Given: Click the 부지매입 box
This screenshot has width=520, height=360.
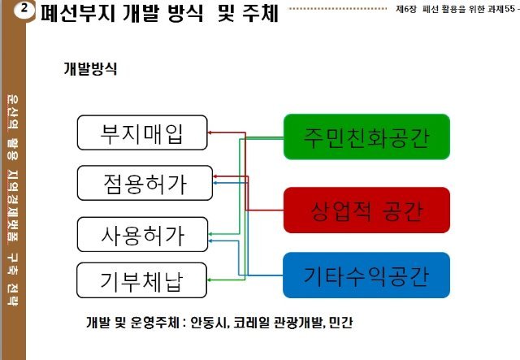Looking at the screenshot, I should click(142, 132).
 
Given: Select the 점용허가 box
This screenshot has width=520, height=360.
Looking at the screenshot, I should click(142, 183).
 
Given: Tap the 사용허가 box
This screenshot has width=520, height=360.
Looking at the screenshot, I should click(142, 234).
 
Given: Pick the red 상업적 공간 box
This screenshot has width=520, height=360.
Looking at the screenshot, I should click(366, 210).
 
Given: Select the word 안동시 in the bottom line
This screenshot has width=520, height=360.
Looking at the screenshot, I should click(208, 321).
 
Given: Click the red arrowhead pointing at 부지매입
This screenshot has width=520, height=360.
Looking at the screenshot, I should click(210, 132).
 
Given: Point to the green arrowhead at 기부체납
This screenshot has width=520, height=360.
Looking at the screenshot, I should click(210, 281).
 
